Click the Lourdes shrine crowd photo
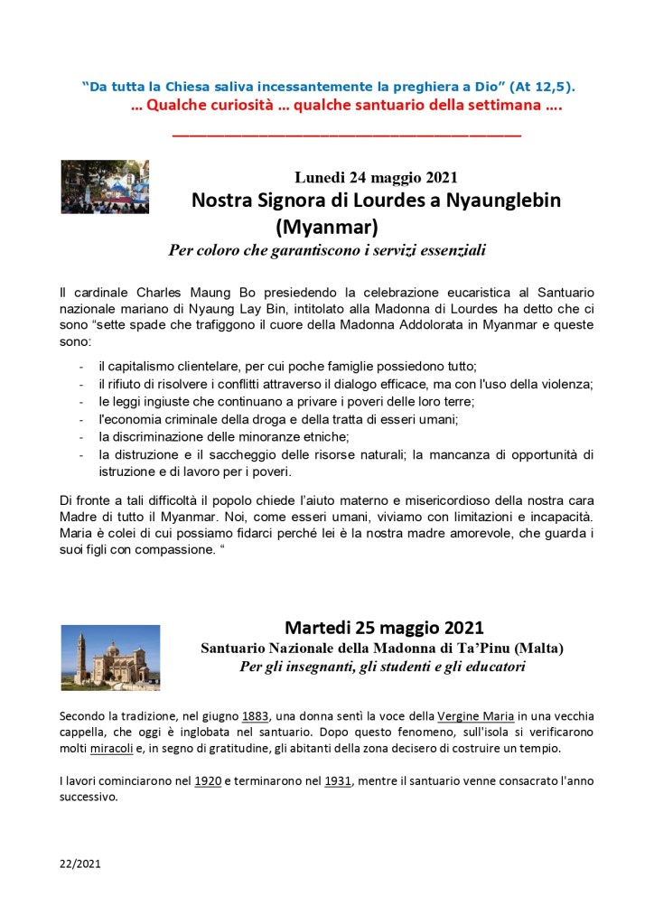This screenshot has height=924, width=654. pos(105,187)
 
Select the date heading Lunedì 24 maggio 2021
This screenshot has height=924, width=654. pos(381,177)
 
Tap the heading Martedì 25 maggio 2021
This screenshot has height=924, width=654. pos(384,627)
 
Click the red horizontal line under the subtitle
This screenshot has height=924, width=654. pos(346,135)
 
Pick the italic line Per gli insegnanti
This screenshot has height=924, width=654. pos(382,667)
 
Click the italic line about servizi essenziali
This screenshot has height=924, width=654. pos(327,250)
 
